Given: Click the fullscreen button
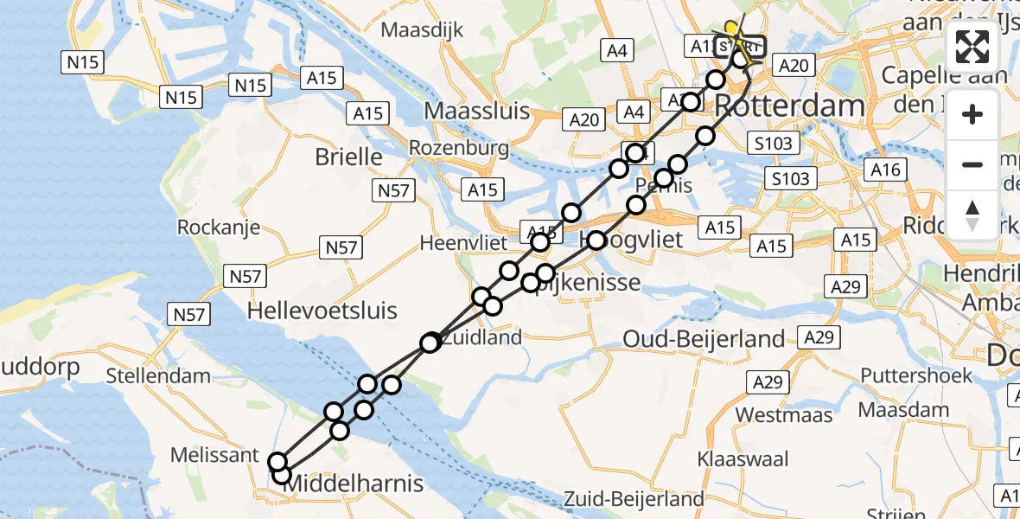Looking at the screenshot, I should point(972,47).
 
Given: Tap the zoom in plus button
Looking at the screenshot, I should point(972,114).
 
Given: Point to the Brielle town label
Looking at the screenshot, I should point(349,157).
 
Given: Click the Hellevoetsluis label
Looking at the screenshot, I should point(322,311).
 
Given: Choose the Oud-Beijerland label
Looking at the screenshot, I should point(703,339).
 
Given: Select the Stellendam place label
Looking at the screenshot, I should point(158,376).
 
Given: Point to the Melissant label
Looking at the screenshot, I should point(214,455).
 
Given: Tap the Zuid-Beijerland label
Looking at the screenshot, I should point(634,499).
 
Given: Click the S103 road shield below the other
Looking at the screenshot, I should point(790,179).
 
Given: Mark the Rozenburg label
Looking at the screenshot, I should point(459,148).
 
